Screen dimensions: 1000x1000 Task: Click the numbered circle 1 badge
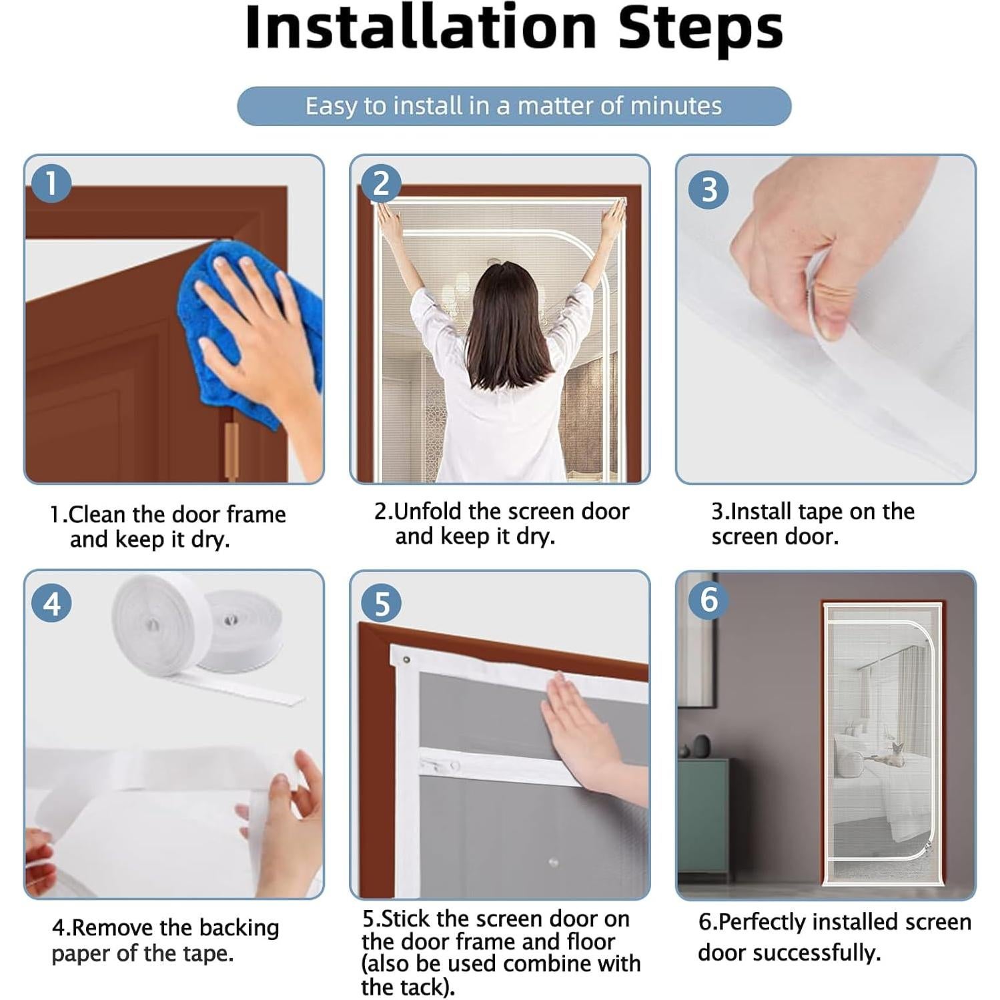[51, 183]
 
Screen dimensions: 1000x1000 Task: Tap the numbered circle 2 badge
[381, 183]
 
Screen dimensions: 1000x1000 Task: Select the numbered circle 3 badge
[708, 189]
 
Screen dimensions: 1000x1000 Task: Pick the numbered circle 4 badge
[51, 603]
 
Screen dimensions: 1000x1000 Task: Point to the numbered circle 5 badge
[381, 603]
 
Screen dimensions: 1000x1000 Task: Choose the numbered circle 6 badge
[708, 598]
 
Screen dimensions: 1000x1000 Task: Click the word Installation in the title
[421, 27]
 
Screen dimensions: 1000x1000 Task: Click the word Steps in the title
[700, 30]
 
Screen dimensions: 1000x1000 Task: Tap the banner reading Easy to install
[514, 106]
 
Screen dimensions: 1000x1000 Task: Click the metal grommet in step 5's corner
[406, 660]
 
